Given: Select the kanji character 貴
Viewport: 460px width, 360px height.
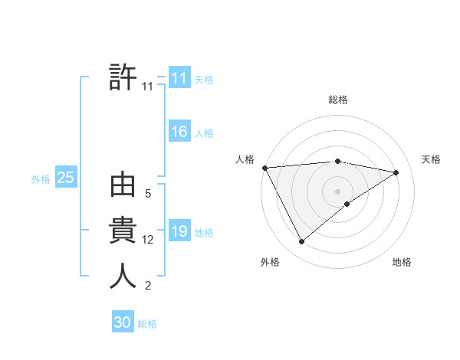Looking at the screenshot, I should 123,231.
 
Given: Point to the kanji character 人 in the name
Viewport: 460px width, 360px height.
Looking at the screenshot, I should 123,277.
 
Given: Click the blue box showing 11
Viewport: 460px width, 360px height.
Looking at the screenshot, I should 179,78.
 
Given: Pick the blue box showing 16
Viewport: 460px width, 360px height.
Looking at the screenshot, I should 179,132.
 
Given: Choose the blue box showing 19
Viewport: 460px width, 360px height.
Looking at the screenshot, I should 179,231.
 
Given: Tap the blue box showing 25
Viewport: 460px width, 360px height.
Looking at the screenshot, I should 65,178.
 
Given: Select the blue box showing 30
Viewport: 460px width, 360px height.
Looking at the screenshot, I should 122,322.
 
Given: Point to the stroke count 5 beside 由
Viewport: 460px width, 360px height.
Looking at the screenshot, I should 148,195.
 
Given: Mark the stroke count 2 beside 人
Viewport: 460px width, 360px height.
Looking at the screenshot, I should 148,286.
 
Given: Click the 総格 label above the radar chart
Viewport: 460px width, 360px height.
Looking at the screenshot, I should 338,100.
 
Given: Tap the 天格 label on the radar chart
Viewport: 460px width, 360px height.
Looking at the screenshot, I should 431,159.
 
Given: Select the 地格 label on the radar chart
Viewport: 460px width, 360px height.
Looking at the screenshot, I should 402,263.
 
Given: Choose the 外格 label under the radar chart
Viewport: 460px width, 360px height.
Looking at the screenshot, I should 270,263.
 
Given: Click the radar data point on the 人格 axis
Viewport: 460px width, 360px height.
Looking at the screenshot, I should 264,168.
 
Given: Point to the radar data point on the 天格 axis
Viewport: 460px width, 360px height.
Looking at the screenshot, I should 396,172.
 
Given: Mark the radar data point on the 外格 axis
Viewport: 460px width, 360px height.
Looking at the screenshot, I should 301,242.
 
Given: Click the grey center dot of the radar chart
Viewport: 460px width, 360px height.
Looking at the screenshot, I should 337,191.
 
